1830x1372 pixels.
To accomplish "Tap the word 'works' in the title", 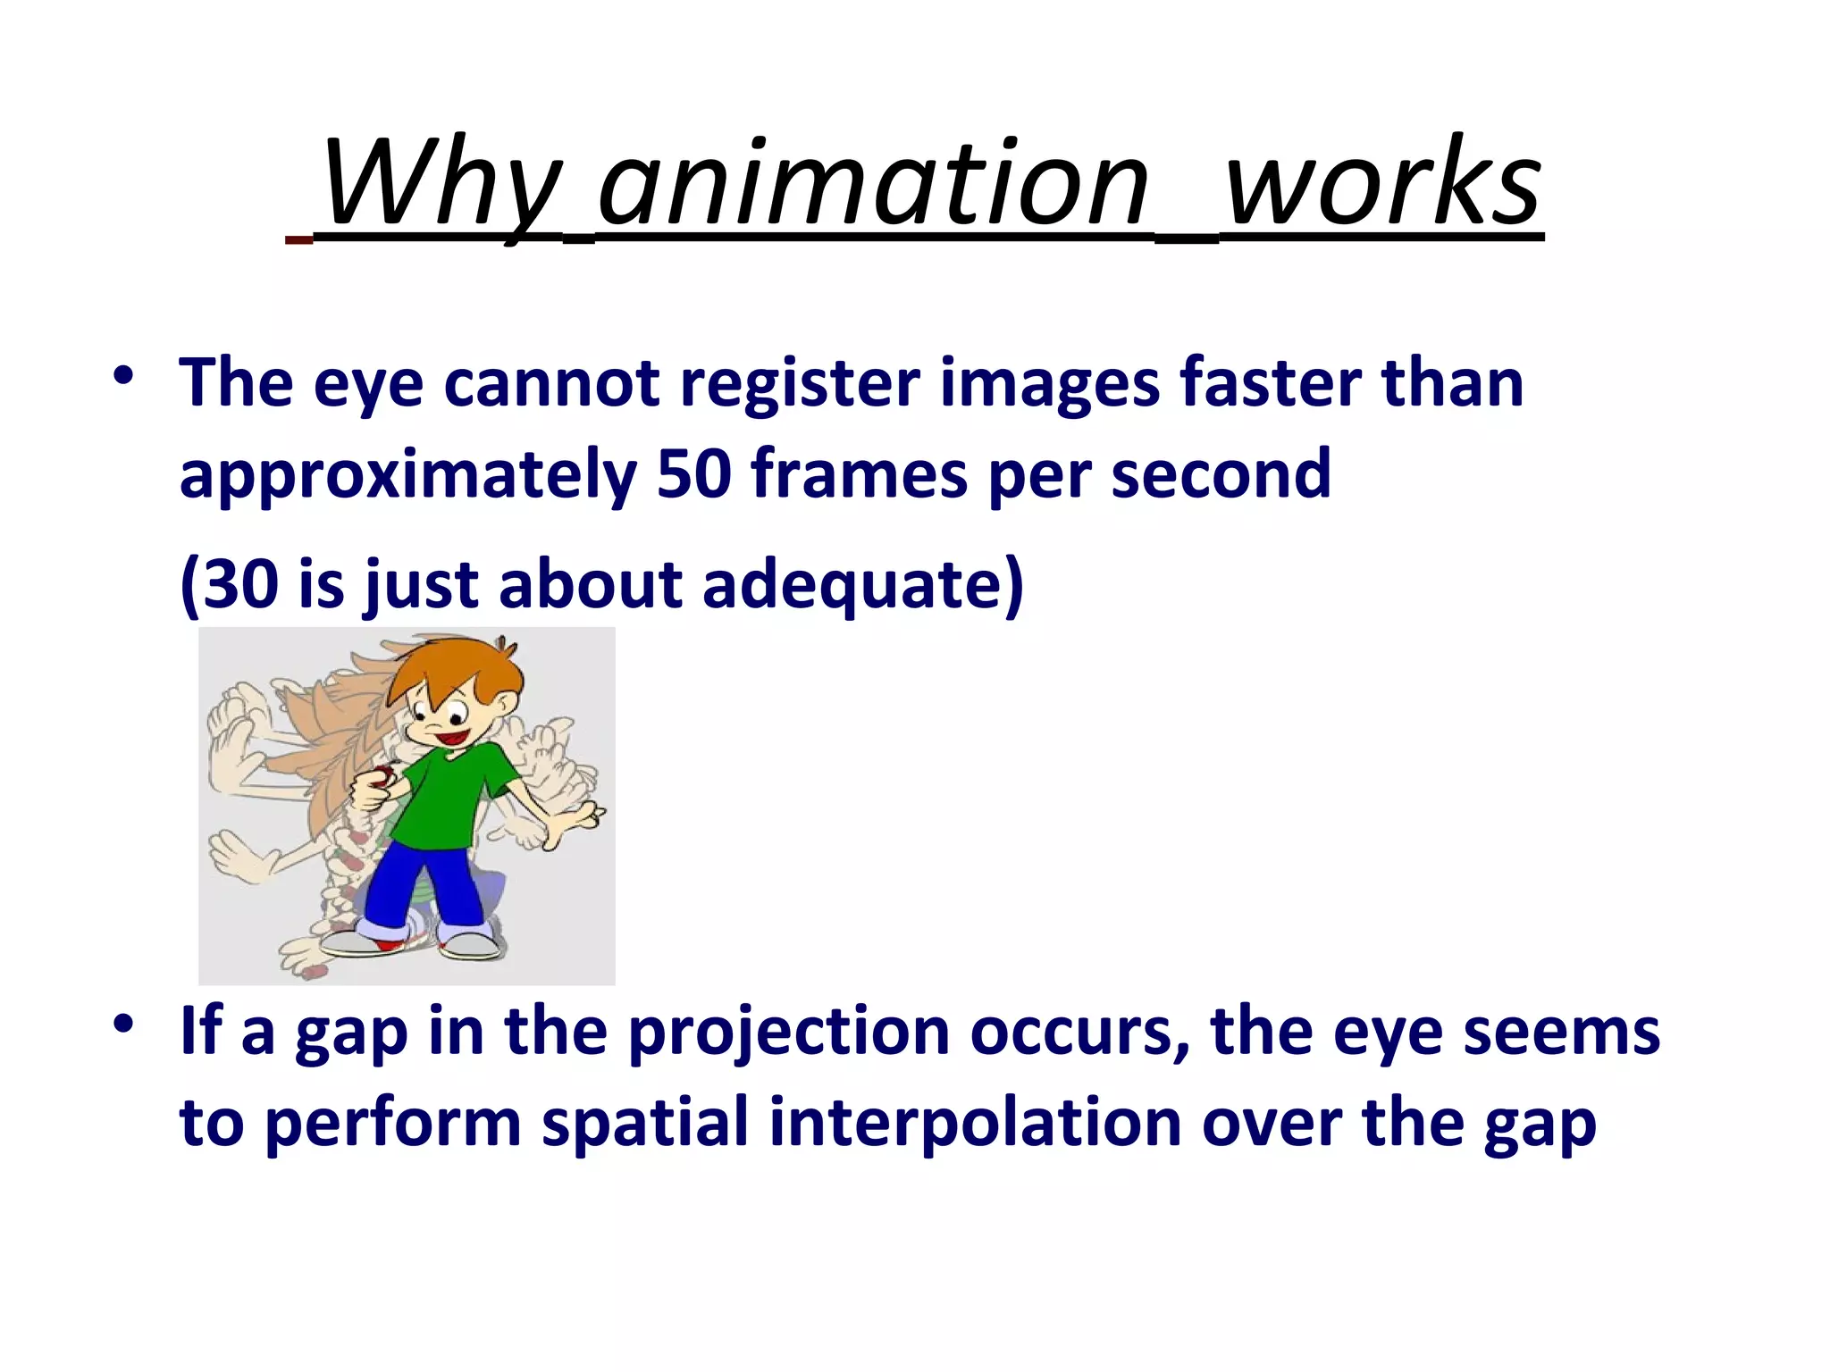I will coord(1383,185).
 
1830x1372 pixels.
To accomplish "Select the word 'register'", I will coord(799,383).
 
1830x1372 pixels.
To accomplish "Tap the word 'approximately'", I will coord(407,475).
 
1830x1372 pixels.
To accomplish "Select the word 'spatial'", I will coord(644,1123).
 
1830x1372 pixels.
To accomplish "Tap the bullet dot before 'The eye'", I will coord(124,375).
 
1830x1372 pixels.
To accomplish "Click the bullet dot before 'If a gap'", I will coord(124,1024).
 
